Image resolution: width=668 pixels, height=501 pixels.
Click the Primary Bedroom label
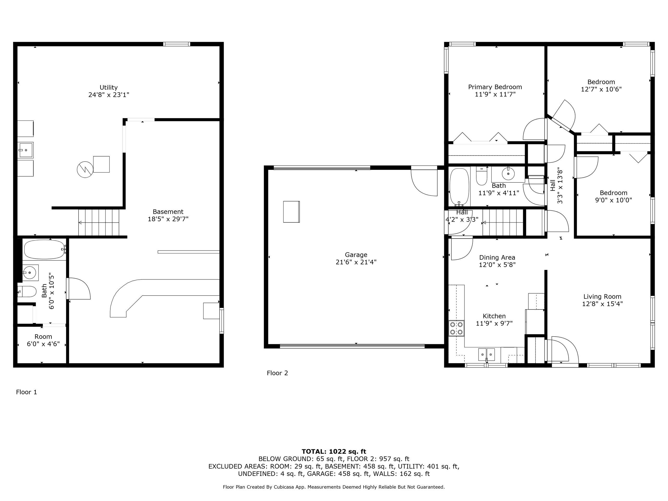point(495,87)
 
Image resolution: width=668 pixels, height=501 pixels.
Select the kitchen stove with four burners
point(456,328)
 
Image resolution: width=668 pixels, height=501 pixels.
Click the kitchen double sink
point(486,355)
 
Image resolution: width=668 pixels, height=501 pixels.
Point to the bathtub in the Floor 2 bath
point(459,186)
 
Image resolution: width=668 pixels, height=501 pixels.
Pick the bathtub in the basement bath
point(45,249)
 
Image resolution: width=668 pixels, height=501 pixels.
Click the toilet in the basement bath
point(27,292)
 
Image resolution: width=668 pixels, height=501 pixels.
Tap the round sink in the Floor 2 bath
point(508,174)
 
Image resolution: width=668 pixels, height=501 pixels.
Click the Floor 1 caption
point(27,392)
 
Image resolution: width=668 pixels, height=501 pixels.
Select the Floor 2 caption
point(277,373)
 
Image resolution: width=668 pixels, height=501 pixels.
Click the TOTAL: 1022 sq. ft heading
point(334,451)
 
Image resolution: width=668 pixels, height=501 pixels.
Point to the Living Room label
point(602,296)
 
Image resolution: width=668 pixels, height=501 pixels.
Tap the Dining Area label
point(497,258)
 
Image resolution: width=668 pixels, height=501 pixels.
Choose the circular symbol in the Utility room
point(85,170)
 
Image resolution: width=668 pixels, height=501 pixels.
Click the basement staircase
point(99,223)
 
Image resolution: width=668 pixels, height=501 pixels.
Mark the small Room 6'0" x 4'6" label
point(43,340)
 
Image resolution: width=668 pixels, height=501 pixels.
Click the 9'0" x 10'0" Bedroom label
point(613,196)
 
